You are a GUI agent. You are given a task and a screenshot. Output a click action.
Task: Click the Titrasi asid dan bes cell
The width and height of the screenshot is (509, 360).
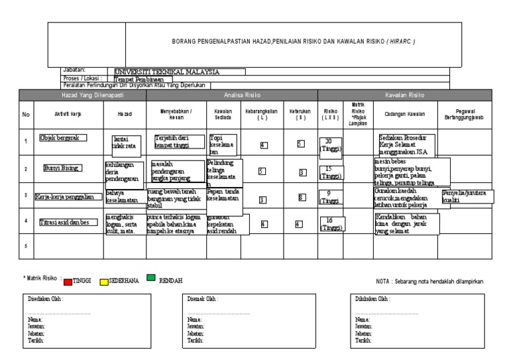coord(67,221)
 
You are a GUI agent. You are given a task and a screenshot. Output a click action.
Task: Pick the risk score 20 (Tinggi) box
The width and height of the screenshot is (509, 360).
coord(330,144)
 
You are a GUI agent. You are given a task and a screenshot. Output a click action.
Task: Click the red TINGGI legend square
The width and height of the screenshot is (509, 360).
coord(68,281)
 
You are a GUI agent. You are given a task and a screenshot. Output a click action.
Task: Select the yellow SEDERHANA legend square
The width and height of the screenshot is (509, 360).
coord(104,281)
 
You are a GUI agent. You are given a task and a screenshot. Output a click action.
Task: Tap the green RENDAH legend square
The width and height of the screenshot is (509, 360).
coord(150,279)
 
